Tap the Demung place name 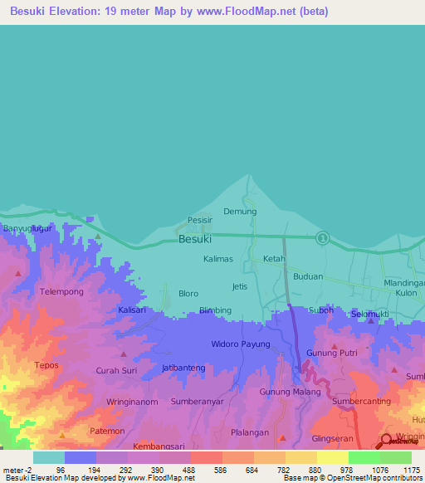pyautogui.click(x=240, y=212)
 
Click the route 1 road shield pyautogui.click(x=323, y=238)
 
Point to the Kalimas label pyautogui.click(x=219, y=259)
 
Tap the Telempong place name pyautogui.click(x=61, y=292)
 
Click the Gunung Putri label pyautogui.click(x=330, y=354)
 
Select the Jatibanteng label pyautogui.click(x=183, y=367)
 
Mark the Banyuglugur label pyautogui.click(x=27, y=227)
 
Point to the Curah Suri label pyautogui.click(x=116, y=371)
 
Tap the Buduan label pyautogui.click(x=308, y=277)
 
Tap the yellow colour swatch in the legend pyautogui.click(x=332, y=457)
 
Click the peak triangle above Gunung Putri pyautogui.click(x=334, y=345)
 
